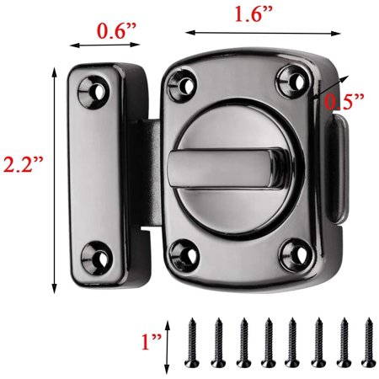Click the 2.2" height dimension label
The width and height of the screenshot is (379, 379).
point(24,165)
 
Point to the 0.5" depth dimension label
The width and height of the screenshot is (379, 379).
point(345,101)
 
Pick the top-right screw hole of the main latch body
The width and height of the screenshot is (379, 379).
point(291,81)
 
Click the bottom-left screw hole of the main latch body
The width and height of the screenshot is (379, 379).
point(181,250)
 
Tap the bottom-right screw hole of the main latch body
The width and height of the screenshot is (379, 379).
point(294,250)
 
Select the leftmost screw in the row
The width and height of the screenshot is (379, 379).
point(191,343)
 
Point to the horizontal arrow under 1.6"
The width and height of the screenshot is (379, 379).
point(244,33)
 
